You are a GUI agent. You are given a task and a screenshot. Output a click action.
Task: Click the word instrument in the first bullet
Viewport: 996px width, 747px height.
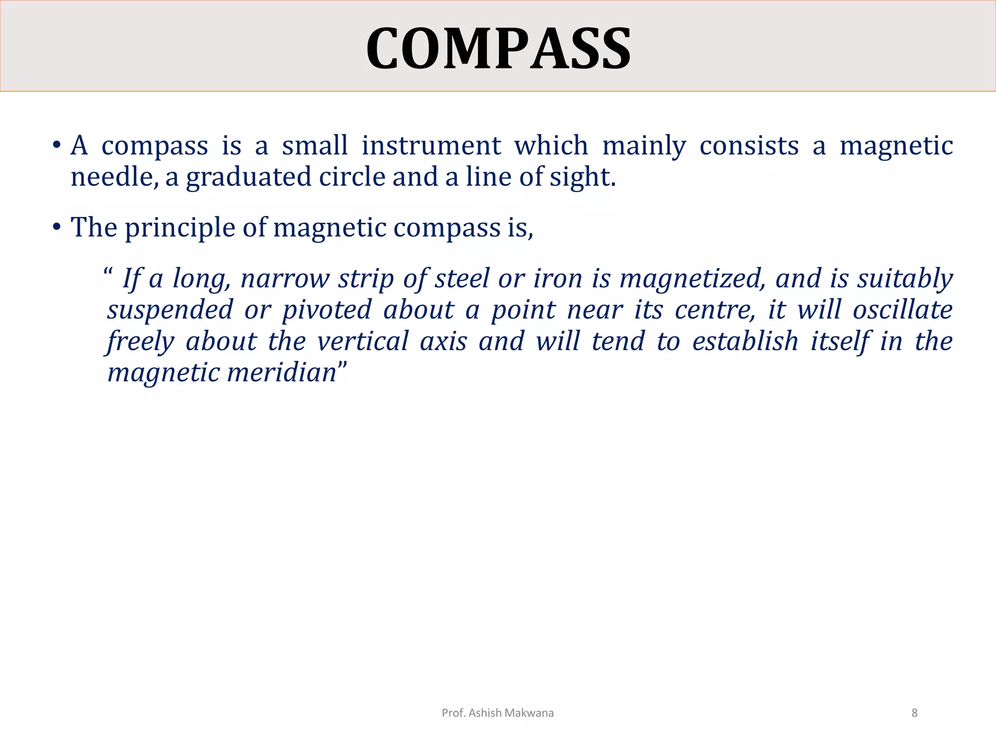[x=431, y=146]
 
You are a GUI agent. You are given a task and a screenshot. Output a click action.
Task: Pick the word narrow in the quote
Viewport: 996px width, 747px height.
[x=285, y=279]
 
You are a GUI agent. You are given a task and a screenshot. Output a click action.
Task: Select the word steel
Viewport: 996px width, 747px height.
[x=462, y=279]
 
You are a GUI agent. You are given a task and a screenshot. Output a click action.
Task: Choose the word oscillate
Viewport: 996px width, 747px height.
[x=903, y=310]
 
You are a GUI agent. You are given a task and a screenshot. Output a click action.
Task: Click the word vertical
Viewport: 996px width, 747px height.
[x=362, y=341]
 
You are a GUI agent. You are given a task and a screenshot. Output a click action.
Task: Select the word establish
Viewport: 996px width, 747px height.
[x=745, y=341]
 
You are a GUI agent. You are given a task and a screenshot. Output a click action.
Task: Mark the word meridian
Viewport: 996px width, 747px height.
[x=282, y=373]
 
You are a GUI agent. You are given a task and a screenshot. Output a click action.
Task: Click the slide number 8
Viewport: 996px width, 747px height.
[x=914, y=713]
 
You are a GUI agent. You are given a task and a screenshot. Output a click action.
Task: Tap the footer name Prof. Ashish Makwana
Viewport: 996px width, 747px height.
[x=498, y=713]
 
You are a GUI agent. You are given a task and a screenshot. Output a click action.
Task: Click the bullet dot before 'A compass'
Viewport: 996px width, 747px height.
[x=57, y=145]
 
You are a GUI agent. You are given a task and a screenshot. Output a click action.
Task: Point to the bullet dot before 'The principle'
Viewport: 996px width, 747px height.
[x=57, y=227]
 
